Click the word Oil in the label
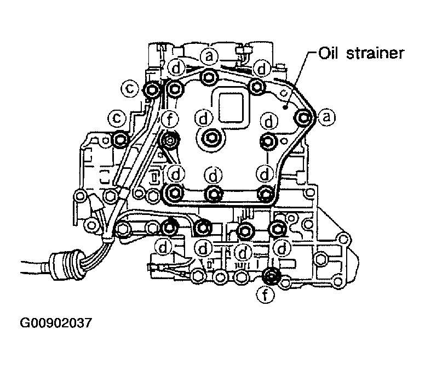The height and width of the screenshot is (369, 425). tap(329, 54)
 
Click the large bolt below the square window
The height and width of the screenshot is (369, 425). tap(211, 139)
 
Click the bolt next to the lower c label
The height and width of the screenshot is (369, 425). tap(120, 141)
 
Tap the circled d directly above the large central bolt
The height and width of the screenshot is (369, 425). tap(204, 117)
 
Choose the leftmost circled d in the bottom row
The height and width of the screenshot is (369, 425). tap(163, 247)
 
